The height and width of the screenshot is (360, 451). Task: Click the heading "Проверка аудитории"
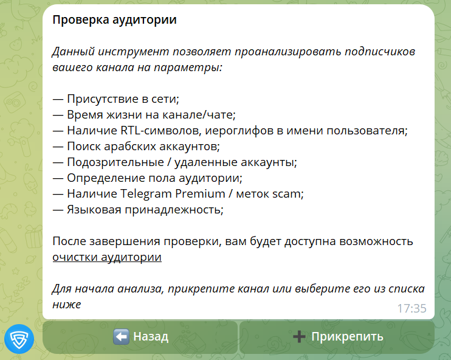pyautogui.click(x=114, y=20)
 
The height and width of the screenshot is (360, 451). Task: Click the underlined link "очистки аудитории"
pyautogui.click(x=107, y=257)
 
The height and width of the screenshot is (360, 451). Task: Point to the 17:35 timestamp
pyautogui.click(x=411, y=308)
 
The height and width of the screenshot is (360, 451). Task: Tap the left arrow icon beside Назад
pyautogui.click(x=121, y=337)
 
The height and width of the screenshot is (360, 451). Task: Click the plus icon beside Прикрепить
pyautogui.click(x=299, y=337)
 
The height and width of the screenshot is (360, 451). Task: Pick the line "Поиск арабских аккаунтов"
pyautogui.click(x=136, y=147)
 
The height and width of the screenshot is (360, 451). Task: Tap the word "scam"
pyautogui.click(x=288, y=194)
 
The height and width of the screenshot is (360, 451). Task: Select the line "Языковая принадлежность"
pyautogui.click(x=138, y=210)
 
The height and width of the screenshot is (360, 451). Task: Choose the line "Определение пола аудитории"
pyautogui.click(x=147, y=178)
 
